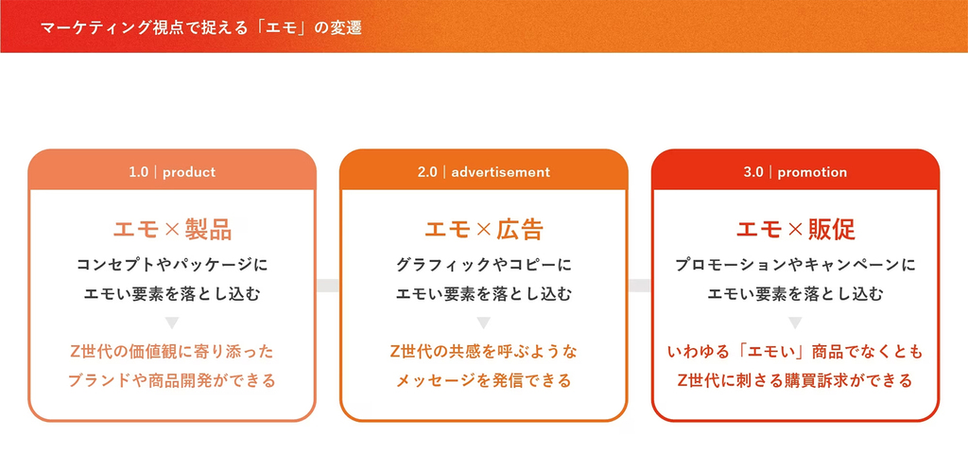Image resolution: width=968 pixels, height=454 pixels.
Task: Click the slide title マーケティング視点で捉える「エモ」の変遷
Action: [x=200, y=28]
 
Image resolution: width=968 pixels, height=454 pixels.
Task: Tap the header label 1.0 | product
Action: [x=172, y=172]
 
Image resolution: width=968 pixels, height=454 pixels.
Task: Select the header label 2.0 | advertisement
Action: [x=483, y=172]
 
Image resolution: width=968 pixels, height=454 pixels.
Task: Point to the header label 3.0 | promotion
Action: [x=795, y=172]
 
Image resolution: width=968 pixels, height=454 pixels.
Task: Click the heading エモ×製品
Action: [x=172, y=230]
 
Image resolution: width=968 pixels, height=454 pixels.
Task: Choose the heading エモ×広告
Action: [x=483, y=230]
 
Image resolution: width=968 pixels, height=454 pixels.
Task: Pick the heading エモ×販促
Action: [x=795, y=230]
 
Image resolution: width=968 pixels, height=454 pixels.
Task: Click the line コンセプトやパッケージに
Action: [x=172, y=266]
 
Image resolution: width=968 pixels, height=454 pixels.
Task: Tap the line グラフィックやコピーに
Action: [x=483, y=266]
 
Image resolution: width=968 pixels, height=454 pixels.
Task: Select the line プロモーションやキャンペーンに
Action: [x=795, y=266]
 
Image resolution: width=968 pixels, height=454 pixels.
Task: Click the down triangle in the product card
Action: [x=172, y=323]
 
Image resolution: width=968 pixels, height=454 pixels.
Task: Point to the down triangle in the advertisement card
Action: [x=483, y=323]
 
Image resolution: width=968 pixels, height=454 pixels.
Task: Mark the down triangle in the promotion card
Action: [x=795, y=323]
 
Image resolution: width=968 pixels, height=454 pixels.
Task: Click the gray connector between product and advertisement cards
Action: [x=328, y=286]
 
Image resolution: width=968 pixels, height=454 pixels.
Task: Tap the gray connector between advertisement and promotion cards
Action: [x=640, y=286]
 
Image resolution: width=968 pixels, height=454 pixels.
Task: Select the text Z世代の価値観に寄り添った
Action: [x=172, y=352]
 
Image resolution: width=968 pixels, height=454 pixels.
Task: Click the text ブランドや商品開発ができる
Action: [x=172, y=380]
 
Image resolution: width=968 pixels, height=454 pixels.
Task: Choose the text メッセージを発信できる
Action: [x=483, y=380]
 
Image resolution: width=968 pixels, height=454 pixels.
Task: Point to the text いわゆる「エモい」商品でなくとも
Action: [x=795, y=352]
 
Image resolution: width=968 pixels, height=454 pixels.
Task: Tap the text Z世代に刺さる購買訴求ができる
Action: [x=795, y=380]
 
